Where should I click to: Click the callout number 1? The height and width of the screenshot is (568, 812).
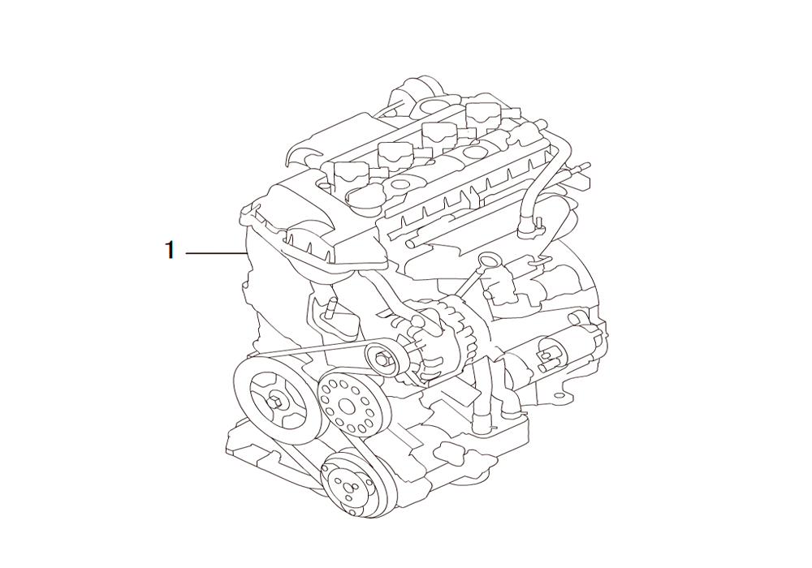coord(170,251)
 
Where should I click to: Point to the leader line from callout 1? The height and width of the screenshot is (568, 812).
coord(215,253)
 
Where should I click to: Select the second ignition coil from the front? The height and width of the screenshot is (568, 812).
coord(395,153)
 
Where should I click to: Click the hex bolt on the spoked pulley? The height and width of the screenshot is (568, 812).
coord(277,402)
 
